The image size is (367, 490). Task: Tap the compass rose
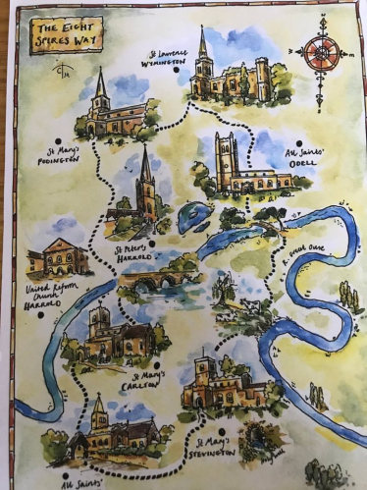coord(321,52)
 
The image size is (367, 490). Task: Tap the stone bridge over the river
coord(153,279)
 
